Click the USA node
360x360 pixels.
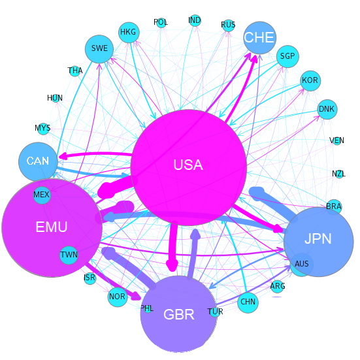pos(189,168)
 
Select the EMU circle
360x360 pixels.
pos(52,227)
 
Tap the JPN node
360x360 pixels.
pos(319,242)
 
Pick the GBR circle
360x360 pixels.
pos(179,314)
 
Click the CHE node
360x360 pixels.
pos(259,38)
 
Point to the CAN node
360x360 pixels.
pos(38,161)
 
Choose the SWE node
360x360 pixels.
pos(99,49)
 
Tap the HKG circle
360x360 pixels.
pos(129,33)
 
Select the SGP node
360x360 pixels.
pos(287,56)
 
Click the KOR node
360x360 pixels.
pos(310,80)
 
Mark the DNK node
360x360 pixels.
pos(327,109)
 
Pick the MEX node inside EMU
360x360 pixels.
pos(42,195)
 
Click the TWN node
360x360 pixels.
pos(69,255)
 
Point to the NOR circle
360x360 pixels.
pos(118,297)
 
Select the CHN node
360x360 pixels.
pos(248,302)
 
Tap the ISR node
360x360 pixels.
pos(90,278)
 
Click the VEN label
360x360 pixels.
pos(336,140)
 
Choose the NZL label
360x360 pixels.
pos(339,174)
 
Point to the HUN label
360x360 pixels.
pos(55,98)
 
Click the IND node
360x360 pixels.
pos(195,20)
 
